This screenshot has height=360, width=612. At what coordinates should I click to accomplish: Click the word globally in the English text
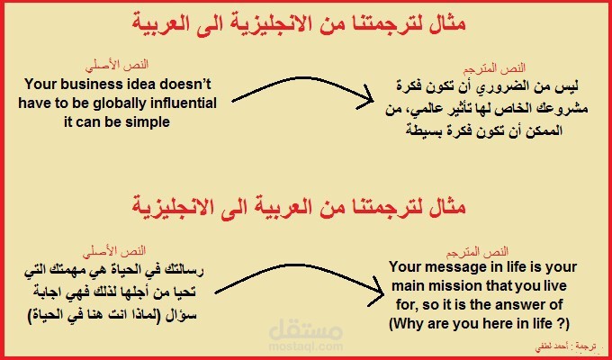pos(128,103)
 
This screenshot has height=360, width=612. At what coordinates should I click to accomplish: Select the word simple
pos(145,121)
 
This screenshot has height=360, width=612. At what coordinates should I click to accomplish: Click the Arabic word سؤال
pos(193,315)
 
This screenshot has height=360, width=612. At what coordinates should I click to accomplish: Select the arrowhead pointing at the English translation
pos(370,282)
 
